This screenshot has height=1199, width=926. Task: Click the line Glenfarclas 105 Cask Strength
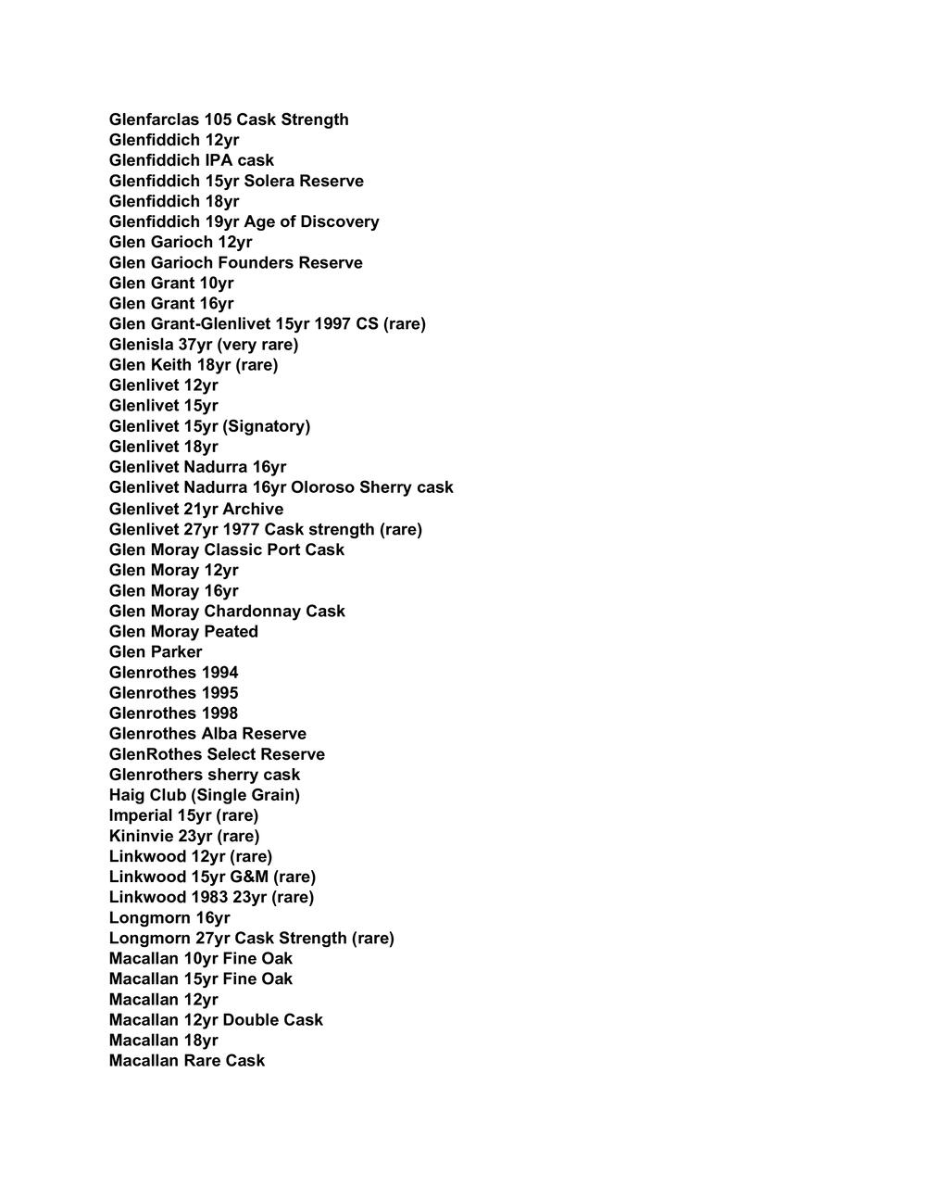click(x=229, y=120)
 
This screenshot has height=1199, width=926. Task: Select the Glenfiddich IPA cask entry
click(x=192, y=160)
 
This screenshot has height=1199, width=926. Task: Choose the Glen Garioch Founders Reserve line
click(x=236, y=262)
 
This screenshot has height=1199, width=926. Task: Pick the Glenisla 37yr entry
click(x=204, y=344)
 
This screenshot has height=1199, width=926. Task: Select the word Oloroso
click(x=323, y=487)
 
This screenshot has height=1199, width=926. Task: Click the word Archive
click(x=253, y=509)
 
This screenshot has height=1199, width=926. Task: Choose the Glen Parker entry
click(x=156, y=651)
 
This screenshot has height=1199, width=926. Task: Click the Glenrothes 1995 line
click(x=173, y=693)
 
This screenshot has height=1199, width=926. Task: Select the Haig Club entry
click(x=205, y=795)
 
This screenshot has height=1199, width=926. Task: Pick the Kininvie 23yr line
click(x=184, y=836)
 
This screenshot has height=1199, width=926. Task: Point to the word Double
click(x=251, y=1019)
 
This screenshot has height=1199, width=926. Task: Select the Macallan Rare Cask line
click(x=187, y=1060)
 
